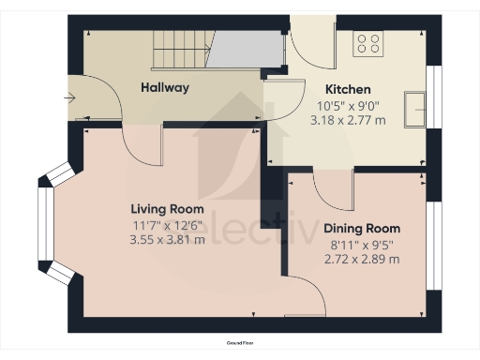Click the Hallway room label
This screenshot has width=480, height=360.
coord(165,88)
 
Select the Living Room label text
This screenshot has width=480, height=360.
coord(167,208)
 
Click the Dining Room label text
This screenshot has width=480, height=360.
coord(361,229)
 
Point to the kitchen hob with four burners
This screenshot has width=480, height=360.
coord(367,43)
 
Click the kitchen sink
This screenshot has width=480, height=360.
coord(413,108)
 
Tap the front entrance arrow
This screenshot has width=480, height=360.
coord(71,97)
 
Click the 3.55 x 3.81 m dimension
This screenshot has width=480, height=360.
coord(167,239)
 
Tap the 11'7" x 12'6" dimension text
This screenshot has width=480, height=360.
coord(167,224)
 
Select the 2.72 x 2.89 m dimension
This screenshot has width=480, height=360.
coord(361,259)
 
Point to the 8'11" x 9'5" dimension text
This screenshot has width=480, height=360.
coord(361,244)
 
